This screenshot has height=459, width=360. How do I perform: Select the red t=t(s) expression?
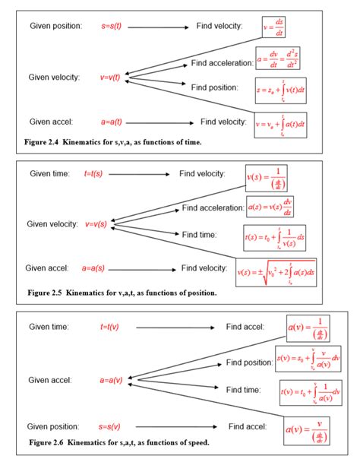(93, 174)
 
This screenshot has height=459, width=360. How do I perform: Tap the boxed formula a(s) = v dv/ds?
(270, 207)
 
